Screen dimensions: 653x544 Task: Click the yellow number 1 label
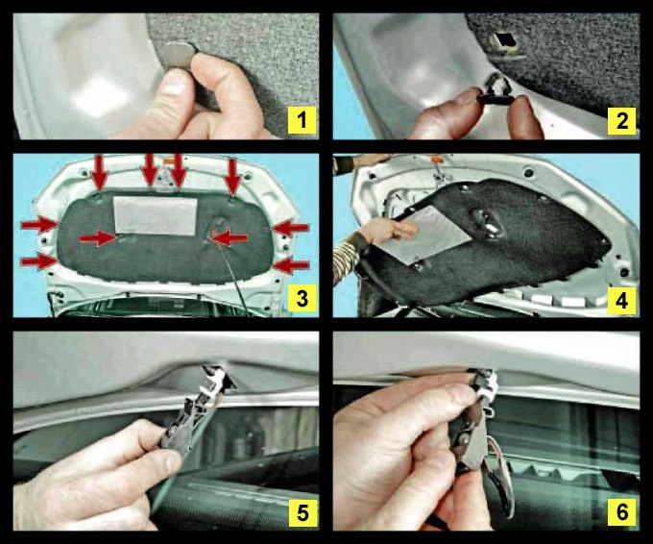302,120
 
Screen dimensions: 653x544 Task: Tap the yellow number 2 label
621,120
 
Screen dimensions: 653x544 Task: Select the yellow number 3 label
302,299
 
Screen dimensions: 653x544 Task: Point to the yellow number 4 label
621,300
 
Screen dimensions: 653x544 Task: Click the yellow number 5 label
302,512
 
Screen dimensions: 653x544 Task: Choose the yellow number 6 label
621,511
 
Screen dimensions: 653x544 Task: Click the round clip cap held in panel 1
180,55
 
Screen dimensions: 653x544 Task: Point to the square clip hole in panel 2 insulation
503,41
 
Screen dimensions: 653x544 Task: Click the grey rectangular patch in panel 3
156,215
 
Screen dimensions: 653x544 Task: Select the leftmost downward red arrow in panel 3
100,173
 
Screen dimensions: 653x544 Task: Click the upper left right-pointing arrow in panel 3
40,225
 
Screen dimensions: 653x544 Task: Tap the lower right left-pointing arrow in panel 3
292,265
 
